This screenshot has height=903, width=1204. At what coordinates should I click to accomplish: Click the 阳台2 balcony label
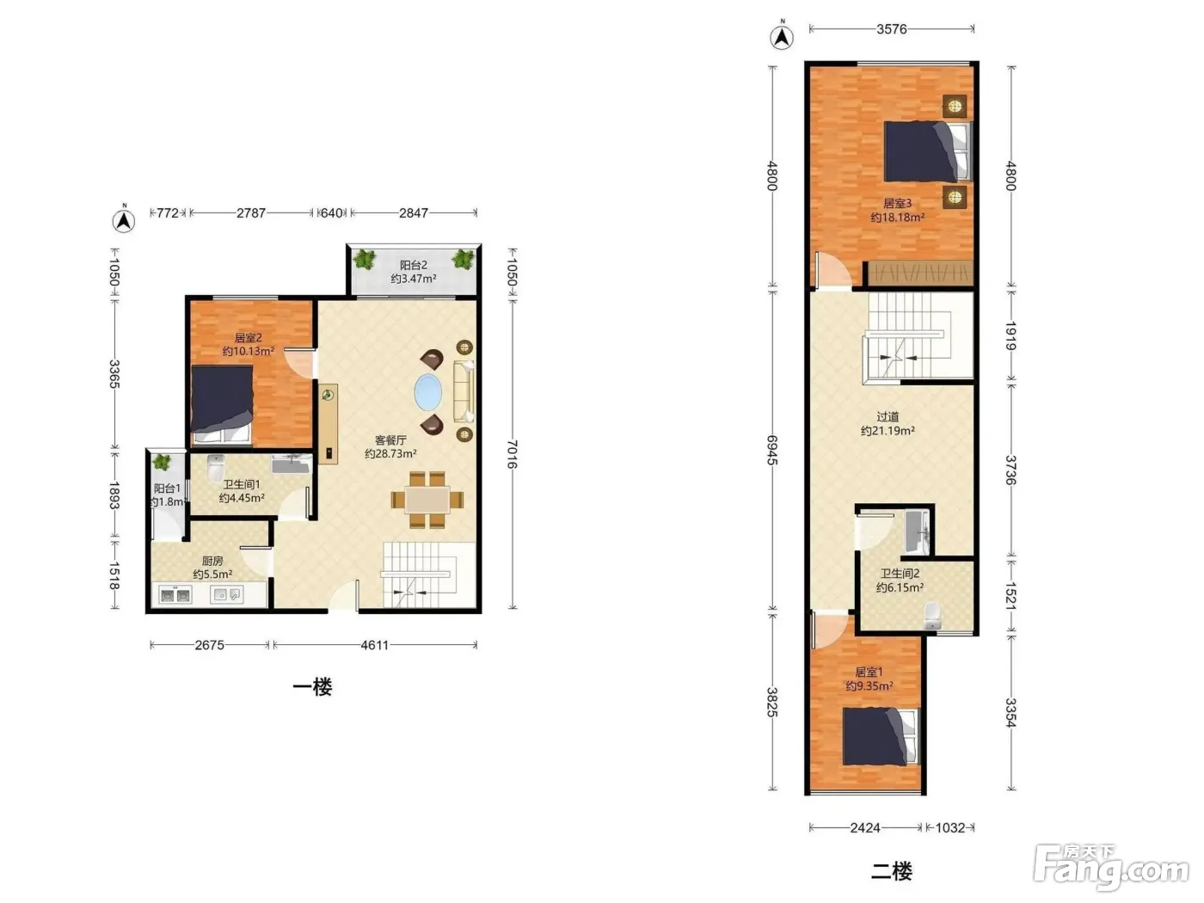[413, 266]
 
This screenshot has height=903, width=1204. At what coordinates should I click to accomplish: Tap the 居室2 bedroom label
[248, 338]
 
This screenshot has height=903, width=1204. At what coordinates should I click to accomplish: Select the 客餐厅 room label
[390, 440]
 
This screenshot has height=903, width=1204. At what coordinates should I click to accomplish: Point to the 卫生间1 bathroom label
[242, 485]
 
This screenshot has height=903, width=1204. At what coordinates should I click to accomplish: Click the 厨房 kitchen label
[212, 561]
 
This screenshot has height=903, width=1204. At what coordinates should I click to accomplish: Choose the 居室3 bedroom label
[897, 204]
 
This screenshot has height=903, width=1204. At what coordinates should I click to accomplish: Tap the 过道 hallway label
[888, 417]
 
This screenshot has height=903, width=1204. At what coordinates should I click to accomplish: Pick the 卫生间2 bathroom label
[900, 574]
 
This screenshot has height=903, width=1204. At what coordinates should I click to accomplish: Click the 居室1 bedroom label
[869, 673]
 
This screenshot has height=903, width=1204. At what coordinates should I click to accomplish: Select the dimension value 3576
[891, 29]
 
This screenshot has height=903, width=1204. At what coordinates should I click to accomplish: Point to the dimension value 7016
[512, 454]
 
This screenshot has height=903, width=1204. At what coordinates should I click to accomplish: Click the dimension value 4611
[375, 645]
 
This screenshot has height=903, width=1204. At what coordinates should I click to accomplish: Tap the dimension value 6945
[772, 450]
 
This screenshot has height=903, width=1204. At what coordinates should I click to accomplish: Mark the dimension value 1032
[950, 827]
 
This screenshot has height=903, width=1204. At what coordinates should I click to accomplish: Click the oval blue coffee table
[427, 392]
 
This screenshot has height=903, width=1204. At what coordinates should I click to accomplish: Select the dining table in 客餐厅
[427, 500]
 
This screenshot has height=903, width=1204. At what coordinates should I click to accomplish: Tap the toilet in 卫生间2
[932, 616]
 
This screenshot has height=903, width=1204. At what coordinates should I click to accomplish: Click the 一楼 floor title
[312, 687]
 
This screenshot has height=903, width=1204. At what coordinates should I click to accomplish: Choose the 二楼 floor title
[891, 870]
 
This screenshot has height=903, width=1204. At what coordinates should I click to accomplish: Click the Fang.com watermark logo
[1111, 866]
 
